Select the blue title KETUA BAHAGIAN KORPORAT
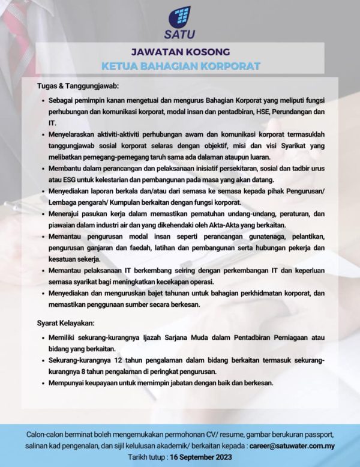click(x=179, y=64)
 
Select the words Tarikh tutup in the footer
click(x=146, y=457)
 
